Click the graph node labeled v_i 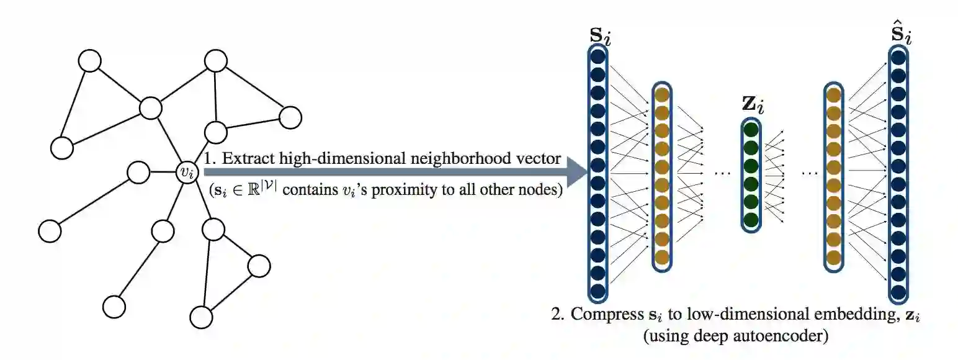coord(186,172)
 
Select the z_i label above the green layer coord(753,104)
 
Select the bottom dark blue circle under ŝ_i coord(898,291)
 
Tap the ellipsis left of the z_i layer coord(723,173)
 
